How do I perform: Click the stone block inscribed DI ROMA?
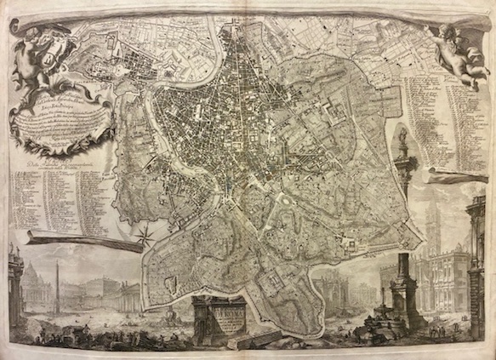click(219, 319)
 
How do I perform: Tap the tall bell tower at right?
click(434, 230)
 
